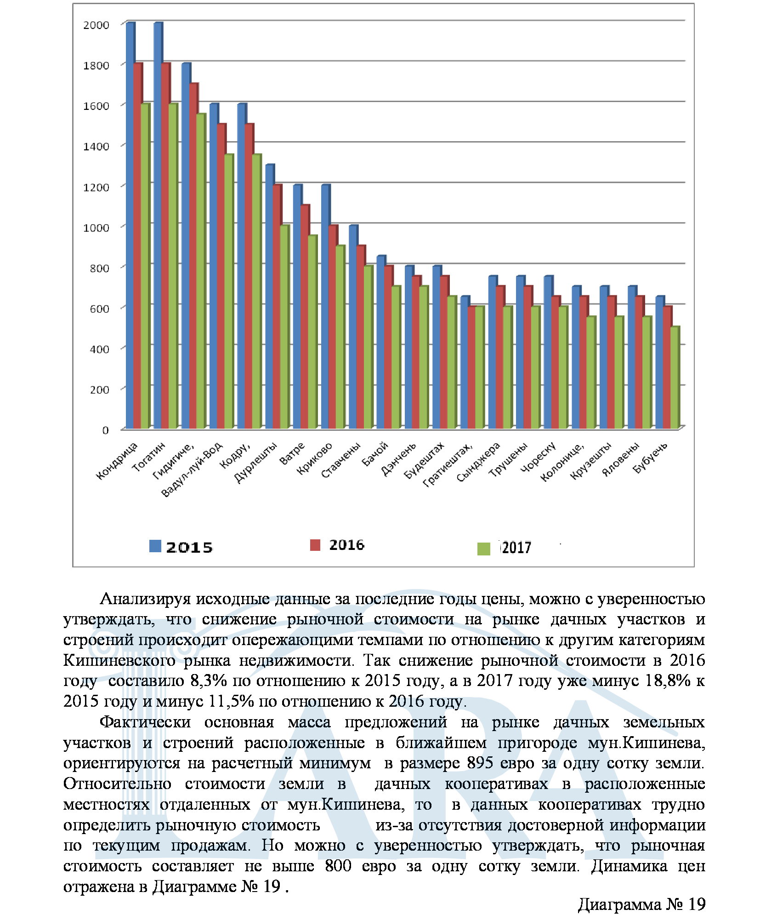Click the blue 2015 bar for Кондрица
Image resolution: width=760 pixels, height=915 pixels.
click(x=130, y=225)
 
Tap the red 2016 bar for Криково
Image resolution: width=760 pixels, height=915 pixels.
click(x=333, y=326)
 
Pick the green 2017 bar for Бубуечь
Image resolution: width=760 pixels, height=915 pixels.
click(x=674, y=377)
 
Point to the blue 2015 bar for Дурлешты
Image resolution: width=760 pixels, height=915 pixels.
click(x=270, y=297)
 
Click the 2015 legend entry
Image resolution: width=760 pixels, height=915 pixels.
click(x=181, y=547)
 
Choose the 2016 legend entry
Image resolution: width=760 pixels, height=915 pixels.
click(x=338, y=545)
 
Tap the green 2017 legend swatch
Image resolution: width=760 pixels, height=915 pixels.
click(x=483, y=549)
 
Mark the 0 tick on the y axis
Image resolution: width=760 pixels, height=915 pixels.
click(x=105, y=430)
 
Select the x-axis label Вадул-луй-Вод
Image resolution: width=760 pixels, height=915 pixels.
click(x=192, y=470)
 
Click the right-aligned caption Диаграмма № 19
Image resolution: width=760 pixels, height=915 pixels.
click(x=641, y=904)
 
